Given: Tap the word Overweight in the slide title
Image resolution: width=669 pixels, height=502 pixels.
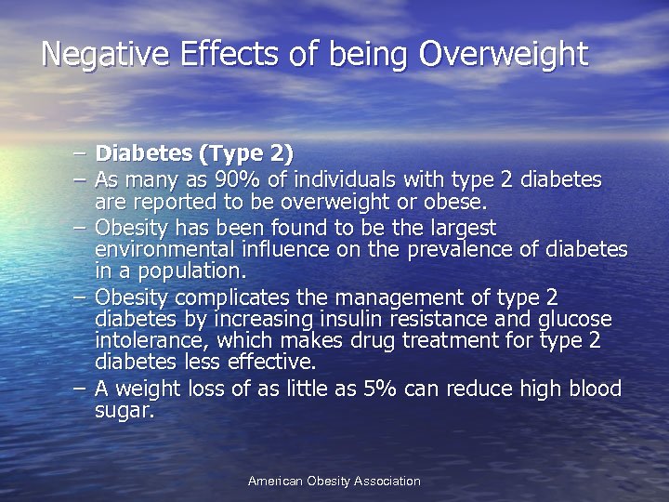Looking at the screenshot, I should (504, 54).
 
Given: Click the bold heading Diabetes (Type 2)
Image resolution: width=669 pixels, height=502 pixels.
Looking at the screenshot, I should (194, 153).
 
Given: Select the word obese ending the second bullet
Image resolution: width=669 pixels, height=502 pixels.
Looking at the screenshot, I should (461, 202).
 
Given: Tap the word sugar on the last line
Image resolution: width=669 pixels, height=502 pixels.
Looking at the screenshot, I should (123, 410).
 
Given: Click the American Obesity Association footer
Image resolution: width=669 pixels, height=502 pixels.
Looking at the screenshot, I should (334, 482).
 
